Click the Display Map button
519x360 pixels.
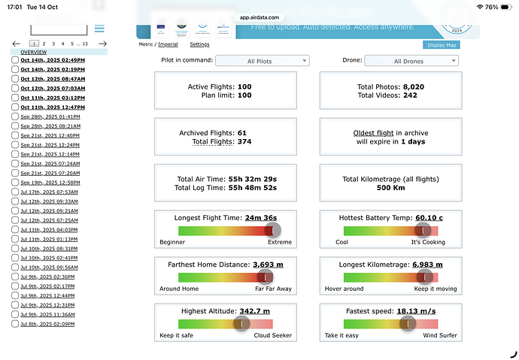pos(442,45)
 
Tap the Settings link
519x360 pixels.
pos(199,45)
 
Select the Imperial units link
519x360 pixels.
pos(168,45)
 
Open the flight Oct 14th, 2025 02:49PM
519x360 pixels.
pos(53,60)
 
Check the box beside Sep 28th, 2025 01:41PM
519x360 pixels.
pos(15,117)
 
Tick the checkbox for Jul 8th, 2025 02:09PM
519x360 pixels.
pos(15,324)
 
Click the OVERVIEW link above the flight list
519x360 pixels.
pos(33,52)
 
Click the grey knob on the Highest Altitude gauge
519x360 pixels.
pos(241,323)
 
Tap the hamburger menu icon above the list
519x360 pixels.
pos(99,29)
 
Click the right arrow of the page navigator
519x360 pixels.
pos(102,44)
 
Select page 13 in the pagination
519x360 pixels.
pos(85,44)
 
